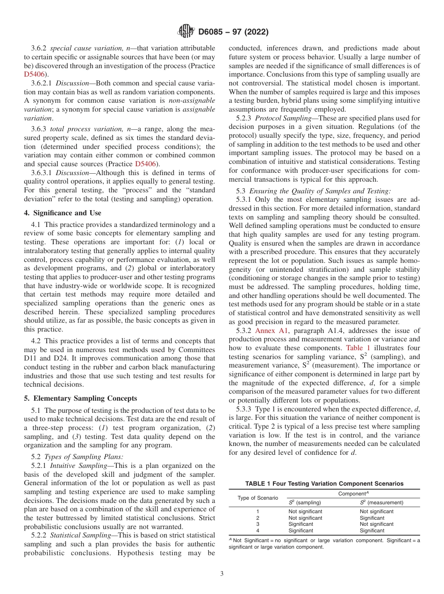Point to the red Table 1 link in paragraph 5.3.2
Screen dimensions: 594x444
[x=358, y=348]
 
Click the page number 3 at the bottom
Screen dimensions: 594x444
[x=222, y=574]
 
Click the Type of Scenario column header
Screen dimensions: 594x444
[x=258, y=498]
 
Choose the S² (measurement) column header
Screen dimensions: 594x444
[x=381, y=502]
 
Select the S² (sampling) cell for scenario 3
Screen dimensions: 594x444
[x=301, y=524]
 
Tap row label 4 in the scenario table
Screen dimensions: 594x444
[x=258, y=530]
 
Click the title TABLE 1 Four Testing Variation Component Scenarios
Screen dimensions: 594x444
[x=324, y=483]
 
